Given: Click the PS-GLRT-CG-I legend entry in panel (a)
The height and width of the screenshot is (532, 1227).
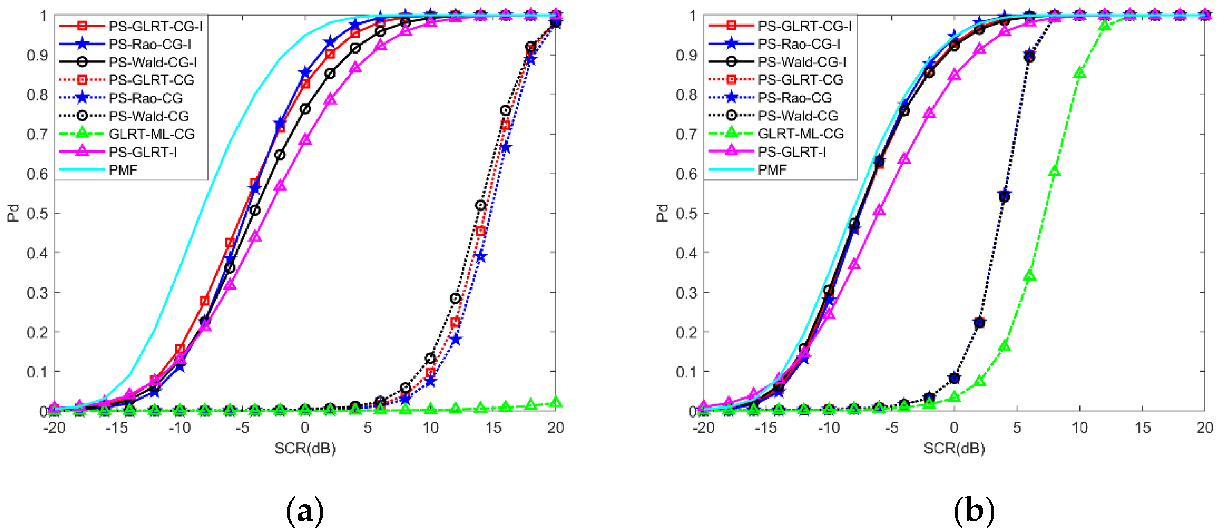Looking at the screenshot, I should (x=155, y=26).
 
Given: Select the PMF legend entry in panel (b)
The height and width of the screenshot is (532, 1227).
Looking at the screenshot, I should (x=772, y=170).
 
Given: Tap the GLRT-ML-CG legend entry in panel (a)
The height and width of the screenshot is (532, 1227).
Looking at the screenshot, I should (x=151, y=134).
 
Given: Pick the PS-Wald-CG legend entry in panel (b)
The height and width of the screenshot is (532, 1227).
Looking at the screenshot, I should (x=798, y=116).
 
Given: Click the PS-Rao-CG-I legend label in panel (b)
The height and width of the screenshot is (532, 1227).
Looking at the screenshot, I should (x=799, y=44).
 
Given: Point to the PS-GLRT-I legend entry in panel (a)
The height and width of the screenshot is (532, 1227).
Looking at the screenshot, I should (x=143, y=152).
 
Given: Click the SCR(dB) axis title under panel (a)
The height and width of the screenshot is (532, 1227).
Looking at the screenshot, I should (x=305, y=448).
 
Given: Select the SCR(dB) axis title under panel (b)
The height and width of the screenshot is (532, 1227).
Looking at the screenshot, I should (x=954, y=448).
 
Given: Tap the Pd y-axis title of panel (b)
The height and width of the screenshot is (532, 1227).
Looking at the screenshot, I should (x=662, y=213).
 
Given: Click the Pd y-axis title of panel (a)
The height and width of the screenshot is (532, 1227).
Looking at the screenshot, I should (x=14, y=213).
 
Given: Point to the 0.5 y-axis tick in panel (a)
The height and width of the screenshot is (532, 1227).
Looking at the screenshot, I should (x=37, y=213).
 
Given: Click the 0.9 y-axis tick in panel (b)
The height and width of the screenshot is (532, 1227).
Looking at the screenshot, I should (x=686, y=55).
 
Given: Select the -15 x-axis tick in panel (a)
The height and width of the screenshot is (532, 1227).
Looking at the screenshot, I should (x=116, y=428).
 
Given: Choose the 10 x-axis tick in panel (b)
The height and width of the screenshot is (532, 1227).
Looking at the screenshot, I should (x=1079, y=428).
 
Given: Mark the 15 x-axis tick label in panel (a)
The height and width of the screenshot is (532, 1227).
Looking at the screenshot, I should (x=493, y=428).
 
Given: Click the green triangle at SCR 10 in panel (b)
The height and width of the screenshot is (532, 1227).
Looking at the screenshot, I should (x=1080, y=73).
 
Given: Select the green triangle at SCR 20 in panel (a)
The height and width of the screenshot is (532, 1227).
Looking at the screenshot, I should (x=555, y=402).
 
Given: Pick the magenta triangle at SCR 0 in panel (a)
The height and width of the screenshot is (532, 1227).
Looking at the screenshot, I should (x=305, y=139).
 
